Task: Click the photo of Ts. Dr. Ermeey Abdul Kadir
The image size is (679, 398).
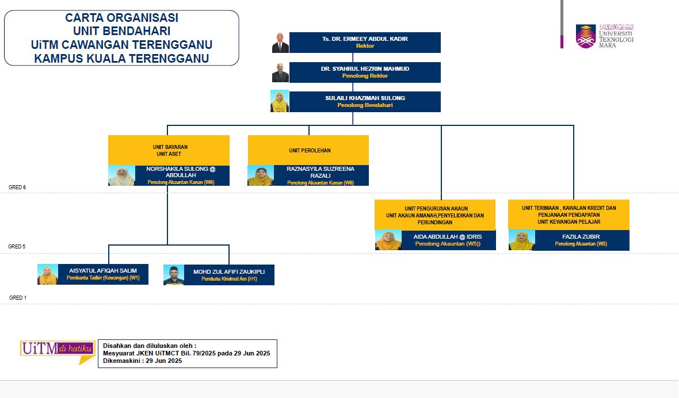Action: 280,43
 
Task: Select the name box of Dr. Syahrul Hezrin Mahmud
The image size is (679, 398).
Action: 365,72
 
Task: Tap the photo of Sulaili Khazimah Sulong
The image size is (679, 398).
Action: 280,102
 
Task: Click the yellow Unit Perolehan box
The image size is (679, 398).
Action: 308,150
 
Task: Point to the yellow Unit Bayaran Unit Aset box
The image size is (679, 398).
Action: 169,150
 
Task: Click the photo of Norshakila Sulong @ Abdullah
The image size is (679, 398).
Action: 121,175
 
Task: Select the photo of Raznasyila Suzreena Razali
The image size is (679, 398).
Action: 260,175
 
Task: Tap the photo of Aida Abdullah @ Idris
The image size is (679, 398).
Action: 388,240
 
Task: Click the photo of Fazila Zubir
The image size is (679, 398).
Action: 521,240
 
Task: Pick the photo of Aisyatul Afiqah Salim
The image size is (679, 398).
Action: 47,274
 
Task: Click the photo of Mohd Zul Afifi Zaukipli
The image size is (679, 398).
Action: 173,275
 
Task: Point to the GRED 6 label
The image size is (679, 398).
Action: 17,187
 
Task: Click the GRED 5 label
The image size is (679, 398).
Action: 17,246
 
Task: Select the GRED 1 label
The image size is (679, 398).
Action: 17,298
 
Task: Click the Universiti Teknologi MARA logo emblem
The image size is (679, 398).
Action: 586,36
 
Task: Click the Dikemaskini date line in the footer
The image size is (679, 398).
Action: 142,361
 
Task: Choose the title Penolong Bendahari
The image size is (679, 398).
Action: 365,105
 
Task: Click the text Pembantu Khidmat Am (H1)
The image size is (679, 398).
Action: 229,279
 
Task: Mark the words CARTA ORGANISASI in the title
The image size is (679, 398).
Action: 121,18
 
